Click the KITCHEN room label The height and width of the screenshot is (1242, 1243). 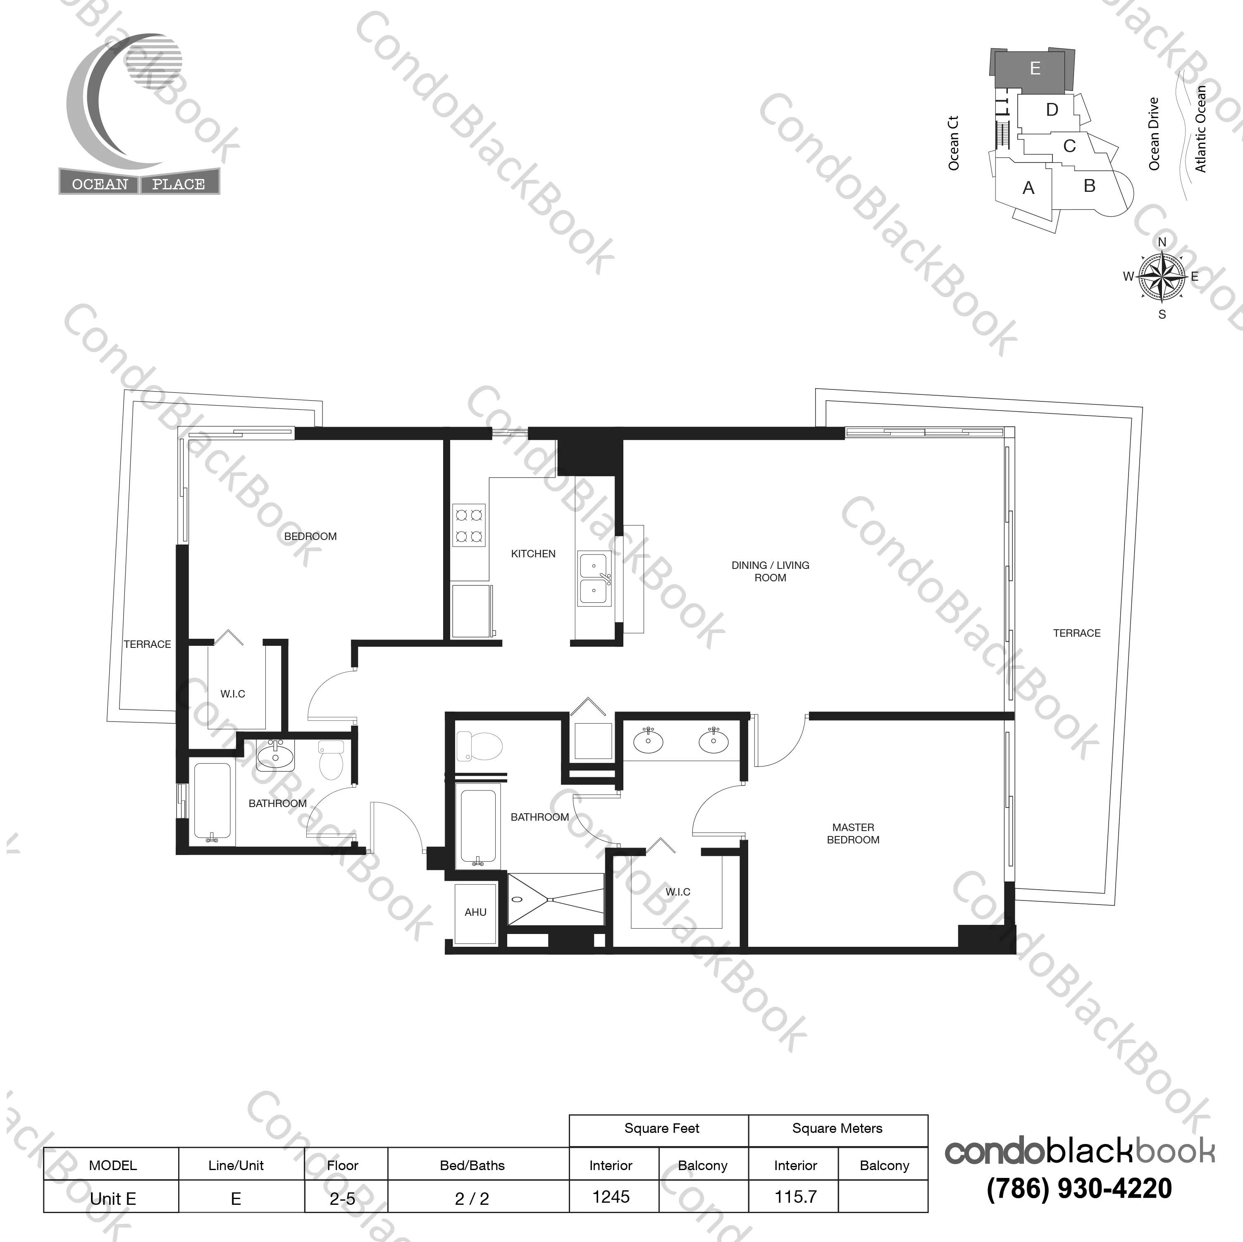(x=533, y=554)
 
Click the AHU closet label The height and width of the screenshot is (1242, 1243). (x=475, y=912)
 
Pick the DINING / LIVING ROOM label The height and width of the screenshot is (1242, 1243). (x=770, y=571)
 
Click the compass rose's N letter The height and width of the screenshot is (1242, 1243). (x=1162, y=242)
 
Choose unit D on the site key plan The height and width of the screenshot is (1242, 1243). (x=1052, y=110)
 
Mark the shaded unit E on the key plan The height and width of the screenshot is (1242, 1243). (x=1035, y=69)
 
